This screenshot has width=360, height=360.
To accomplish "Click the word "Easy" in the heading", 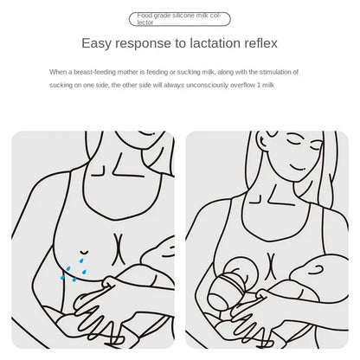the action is (x=96, y=43).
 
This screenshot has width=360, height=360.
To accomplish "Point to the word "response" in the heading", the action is (x=143, y=44).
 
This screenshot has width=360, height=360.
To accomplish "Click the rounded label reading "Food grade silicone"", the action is (x=180, y=19).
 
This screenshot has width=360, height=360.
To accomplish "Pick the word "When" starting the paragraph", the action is (x=58, y=72).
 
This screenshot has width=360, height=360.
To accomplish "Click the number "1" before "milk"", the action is (x=259, y=85).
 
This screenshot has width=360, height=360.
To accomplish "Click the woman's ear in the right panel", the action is (x=263, y=141).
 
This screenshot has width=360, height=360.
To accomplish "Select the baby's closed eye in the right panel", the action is (x=316, y=270).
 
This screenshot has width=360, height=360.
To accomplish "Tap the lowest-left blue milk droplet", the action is (x=62, y=278).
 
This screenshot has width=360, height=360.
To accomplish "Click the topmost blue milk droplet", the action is (x=81, y=260).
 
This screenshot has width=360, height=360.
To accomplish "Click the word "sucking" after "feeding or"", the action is (x=188, y=72).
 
